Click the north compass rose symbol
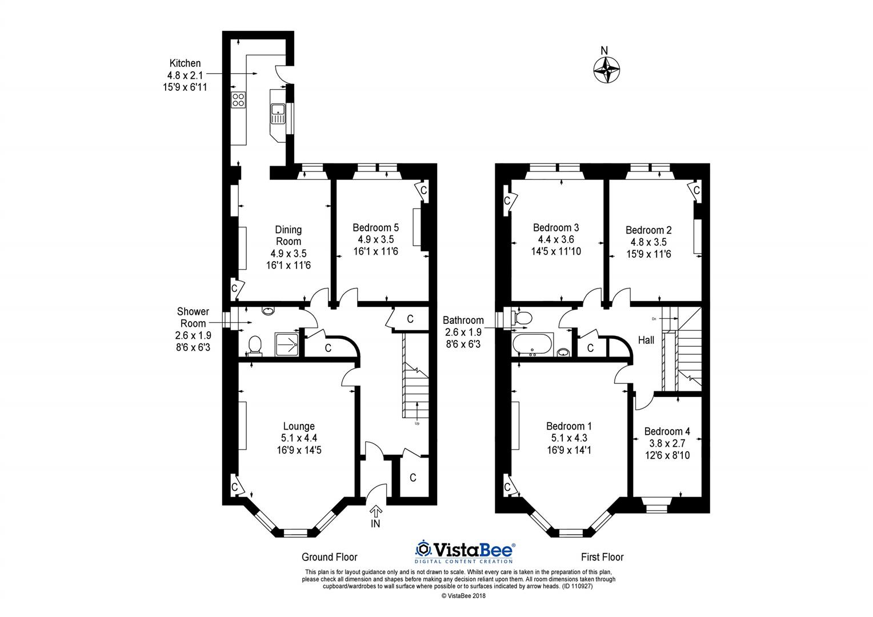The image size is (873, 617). tap(606, 71)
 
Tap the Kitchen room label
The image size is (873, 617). tap(185, 63)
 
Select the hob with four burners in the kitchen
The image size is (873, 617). tap(238, 101)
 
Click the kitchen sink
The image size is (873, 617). tap(278, 113)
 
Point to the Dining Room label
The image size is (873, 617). tap(288, 235)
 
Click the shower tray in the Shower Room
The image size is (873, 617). tap(287, 344)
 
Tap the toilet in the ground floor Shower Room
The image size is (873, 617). tap(255, 345)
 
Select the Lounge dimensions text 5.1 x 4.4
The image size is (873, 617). tap(299, 438)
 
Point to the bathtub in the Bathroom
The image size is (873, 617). tap(532, 345)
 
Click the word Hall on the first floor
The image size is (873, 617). tap(646, 340)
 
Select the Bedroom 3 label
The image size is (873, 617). tap(556, 227)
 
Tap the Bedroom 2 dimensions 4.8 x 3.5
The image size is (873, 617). tap(648, 242)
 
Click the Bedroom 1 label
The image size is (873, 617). tap(568, 426)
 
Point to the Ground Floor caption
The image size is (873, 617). tap(329, 557)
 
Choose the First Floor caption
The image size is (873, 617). tap(602, 557)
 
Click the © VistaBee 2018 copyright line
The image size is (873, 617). tap(463, 595)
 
